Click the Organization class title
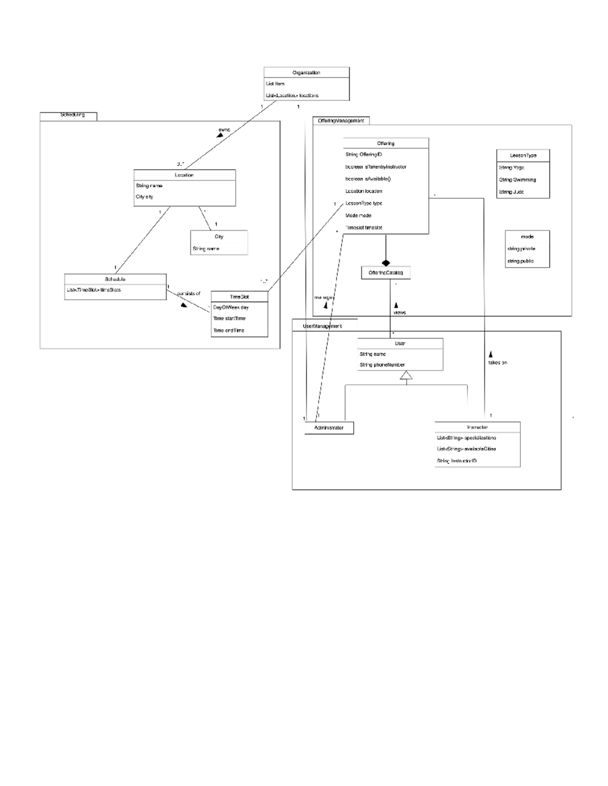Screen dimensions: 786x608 tap(306, 72)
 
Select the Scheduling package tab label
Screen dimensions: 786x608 tap(72, 115)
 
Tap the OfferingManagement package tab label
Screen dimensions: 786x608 tap(340, 120)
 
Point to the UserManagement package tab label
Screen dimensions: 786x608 tap(322, 326)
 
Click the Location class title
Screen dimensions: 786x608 tap(184, 175)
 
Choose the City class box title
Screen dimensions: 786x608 tap(219, 236)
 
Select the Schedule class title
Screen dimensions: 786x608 tap(115, 279)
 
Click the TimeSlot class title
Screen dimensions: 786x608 tap(239, 297)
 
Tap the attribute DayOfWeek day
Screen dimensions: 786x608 tap(231, 307)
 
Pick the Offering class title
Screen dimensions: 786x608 tap(386, 143)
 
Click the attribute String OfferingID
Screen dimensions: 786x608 tap(364, 154)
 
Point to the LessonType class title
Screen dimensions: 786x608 tap(523, 155)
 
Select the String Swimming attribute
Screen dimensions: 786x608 tap(517, 180)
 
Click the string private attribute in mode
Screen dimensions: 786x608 tap(521, 249)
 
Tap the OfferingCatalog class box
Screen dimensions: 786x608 tap(386, 273)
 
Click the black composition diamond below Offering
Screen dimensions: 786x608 tap(386, 262)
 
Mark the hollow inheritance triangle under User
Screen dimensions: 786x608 tap(406, 375)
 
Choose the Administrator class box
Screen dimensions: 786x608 tap(329, 428)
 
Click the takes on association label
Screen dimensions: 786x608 tap(498, 362)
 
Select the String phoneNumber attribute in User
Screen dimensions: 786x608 tap(382, 365)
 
